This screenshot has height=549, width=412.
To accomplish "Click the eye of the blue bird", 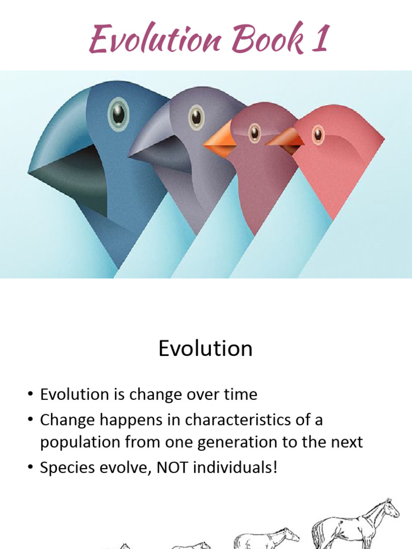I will click(119, 114).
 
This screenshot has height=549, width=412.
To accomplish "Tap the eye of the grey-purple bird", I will click(196, 117).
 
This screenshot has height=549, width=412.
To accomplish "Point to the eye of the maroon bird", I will click(254, 132).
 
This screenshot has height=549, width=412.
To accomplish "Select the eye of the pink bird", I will click(318, 133).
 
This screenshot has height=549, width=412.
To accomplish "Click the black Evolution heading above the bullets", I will click(205, 348).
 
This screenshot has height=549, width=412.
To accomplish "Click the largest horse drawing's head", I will click(391, 507).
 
